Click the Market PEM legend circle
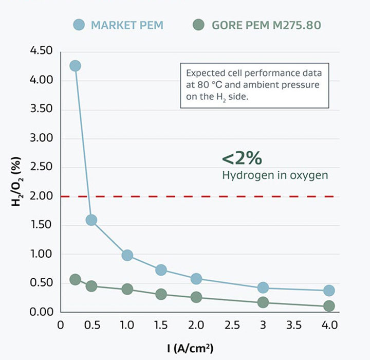pyautogui.click(x=79, y=24)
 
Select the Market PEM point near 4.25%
pyautogui.click(x=76, y=66)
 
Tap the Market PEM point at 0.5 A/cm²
pyautogui.click(x=91, y=220)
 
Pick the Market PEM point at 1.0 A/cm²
pyautogui.click(x=127, y=255)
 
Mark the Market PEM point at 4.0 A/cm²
pyautogui.click(x=329, y=291)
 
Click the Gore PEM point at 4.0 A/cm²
pyautogui.click(x=329, y=306)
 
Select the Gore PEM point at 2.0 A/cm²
pyautogui.click(x=196, y=297)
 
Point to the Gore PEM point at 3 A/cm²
pyautogui.click(x=263, y=302)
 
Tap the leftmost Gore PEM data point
pyautogui.click(x=76, y=279)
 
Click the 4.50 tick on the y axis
pyautogui.click(x=42, y=51)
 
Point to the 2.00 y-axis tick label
pyautogui.click(x=42, y=196)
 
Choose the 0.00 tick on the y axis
pyautogui.click(x=42, y=312)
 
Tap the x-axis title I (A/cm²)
pyautogui.click(x=190, y=348)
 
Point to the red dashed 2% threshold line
pyautogui.click(x=206, y=196)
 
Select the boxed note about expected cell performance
pyautogui.click(x=254, y=85)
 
